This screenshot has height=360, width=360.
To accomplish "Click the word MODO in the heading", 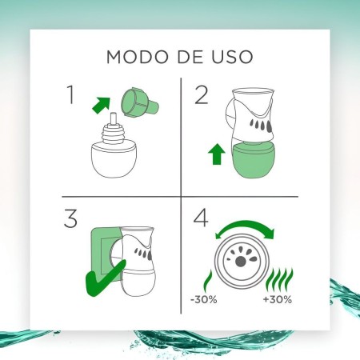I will pos(132,57).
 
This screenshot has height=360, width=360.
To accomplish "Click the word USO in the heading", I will pos(229,57).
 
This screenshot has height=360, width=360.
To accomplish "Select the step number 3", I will pos(70,219).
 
